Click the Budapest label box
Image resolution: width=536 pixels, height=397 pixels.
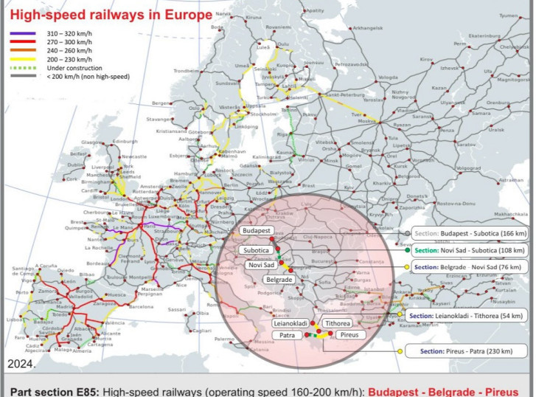click(x=256, y=231)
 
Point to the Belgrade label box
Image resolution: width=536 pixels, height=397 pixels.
click(x=279, y=280)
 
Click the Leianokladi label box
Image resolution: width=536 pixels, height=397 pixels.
click(x=290, y=323)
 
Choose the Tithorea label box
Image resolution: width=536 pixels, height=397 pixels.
click(x=338, y=323)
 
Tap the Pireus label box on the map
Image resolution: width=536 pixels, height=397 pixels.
click(x=347, y=336)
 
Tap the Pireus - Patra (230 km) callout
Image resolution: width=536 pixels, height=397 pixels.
click(x=462, y=350)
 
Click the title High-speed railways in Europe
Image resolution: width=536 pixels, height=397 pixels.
click(x=110, y=15)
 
